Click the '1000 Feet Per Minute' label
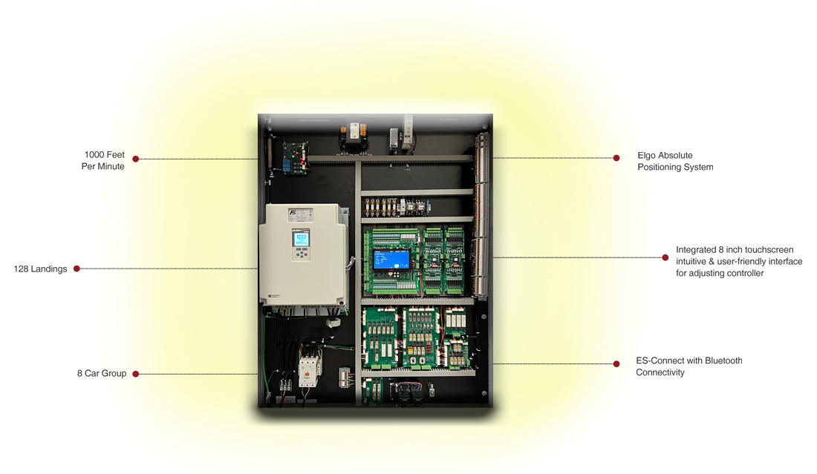103,161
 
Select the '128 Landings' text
40,269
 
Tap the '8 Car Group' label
102,374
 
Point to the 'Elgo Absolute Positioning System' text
675,162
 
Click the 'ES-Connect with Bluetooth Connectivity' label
689,366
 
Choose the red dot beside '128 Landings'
77,269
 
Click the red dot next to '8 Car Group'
135,374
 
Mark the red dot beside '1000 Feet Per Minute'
135,159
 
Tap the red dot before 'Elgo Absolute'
616,158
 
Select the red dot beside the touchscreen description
665,258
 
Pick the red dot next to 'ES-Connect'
616,363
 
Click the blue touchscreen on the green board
391,259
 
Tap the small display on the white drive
301,240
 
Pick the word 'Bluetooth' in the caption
723,361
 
